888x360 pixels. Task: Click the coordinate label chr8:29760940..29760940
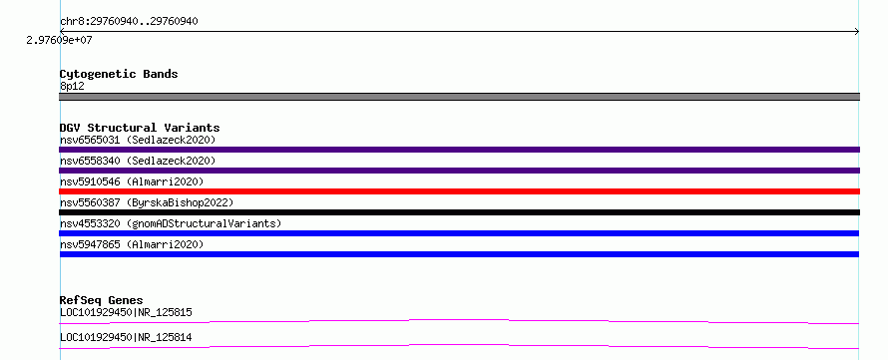[x=129, y=22]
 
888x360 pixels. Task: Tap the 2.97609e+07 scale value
[x=60, y=40]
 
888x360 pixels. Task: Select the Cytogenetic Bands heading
[x=119, y=74]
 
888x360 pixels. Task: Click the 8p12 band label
[x=72, y=86]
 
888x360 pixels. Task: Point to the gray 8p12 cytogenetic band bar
[x=459, y=97]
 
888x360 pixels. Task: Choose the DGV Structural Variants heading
[x=140, y=128]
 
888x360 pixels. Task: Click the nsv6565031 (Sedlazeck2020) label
[x=138, y=140]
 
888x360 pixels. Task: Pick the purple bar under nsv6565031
[x=459, y=150]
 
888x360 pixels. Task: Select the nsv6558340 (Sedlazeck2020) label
[x=138, y=161]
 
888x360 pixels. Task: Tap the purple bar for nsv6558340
[x=459, y=171]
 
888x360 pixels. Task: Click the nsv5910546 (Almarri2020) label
[x=132, y=181]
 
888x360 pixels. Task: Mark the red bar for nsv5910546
[x=459, y=191]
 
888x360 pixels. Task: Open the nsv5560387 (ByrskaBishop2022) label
[x=147, y=202]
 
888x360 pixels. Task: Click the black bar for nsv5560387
[x=459, y=212]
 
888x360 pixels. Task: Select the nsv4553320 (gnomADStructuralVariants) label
[x=171, y=223]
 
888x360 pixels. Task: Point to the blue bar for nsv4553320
[x=459, y=233]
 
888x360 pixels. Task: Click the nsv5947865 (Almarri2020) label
[x=132, y=244]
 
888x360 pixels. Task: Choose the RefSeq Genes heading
[x=102, y=300]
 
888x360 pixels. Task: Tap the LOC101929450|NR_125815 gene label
[x=126, y=312]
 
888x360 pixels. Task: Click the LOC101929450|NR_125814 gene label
[x=126, y=337]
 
